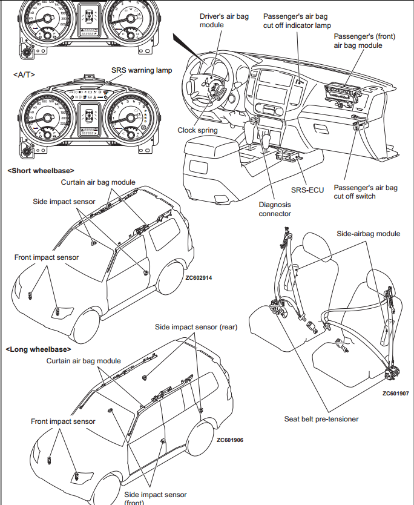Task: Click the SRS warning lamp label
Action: pyautogui.click(x=141, y=70)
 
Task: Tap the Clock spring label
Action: pyautogui.click(x=197, y=130)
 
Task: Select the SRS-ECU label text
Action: pyautogui.click(x=308, y=190)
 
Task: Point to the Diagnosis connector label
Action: pyautogui.click(x=275, y=209)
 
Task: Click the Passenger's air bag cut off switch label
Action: pyautogui.click(x=366, y=192)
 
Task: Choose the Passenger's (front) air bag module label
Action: pyautogui.click(x=364, y=41)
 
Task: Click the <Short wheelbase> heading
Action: pyautogui.click(x=41, y=171)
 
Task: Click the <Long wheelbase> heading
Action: pyautogui.click(x=38, y=349)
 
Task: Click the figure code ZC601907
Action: pyautogui.click(x=395, y=393)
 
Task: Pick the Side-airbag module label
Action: pyautogui.click(x=368, y=234)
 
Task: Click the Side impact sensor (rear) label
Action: pyautogui.click(x=196, y=327)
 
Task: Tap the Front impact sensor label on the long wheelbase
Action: pyautogui.click(x=63, y=421)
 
